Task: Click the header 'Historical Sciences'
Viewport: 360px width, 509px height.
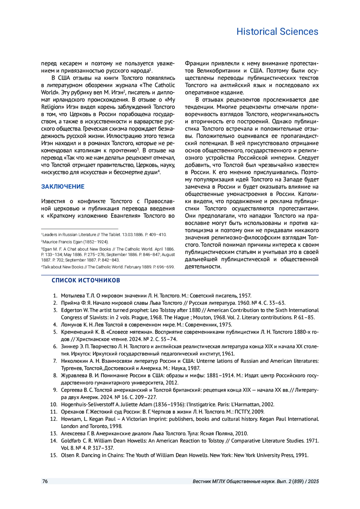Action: (x=277, y=31)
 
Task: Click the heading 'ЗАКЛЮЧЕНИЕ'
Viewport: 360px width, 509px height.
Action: (x=63, y=187)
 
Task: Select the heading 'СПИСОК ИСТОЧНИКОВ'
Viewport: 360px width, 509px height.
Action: (x=86, y=280)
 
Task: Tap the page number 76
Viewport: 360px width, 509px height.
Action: (x=45, y=481)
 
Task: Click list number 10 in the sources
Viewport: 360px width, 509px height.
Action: (x=54, y=404)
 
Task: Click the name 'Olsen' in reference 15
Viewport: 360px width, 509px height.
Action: (x=67, y=455)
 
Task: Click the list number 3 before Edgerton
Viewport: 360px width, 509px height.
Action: (x=55, y=310)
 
